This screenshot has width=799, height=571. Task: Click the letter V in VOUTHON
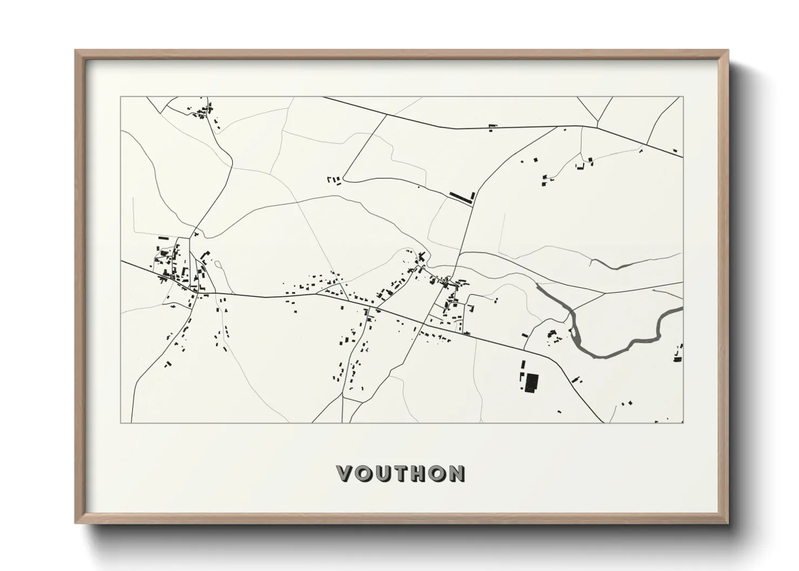pos(346,473)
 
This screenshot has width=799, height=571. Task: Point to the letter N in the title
pos(456,473)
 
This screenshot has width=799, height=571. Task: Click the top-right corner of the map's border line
pos(682,97)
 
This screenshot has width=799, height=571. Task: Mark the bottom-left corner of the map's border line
pos(121,423)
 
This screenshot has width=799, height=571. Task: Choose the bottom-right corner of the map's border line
pos(682,423)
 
